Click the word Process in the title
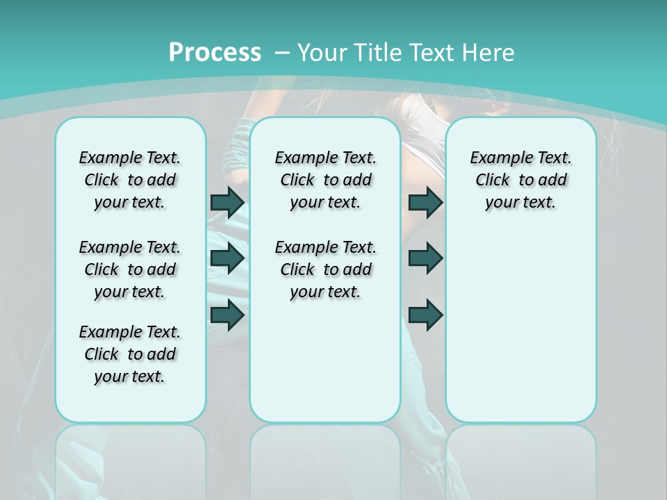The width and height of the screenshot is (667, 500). [215, 52]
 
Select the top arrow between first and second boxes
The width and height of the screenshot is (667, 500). [227, 202]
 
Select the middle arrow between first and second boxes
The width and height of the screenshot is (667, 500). [227, 258]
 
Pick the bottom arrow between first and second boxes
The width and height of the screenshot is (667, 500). [227, 315]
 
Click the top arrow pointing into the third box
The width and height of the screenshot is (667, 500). [425, 202]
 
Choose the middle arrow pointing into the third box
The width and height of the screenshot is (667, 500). [425, 258]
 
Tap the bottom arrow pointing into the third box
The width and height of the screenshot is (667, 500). [425, 315]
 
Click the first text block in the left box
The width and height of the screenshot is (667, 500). [130, 180]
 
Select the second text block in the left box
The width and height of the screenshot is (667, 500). [130, 269]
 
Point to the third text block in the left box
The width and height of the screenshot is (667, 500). [130, 354]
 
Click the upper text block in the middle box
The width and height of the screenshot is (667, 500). [325, 180]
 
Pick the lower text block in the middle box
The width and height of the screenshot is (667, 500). [325, 269]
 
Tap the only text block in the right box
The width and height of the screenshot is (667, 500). [520, 180]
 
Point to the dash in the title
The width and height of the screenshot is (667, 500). [282, 53]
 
